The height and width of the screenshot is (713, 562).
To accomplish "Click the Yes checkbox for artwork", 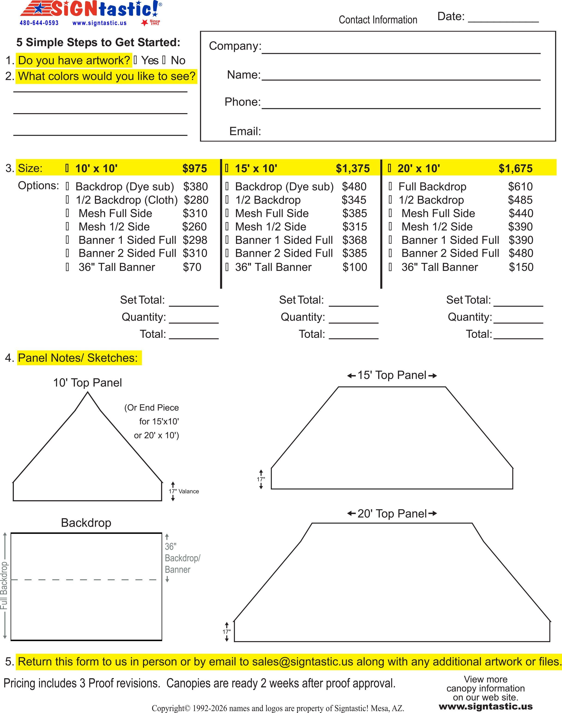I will pyautogui.click(x=136, y=60).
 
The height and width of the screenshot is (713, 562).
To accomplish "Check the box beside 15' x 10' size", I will pyautogui.click(x=227, y=168).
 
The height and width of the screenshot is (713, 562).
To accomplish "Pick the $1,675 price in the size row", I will pyautogui.click(x=515, y=169).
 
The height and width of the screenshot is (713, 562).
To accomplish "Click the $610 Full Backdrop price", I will pyautogui.click(x=520, y=187).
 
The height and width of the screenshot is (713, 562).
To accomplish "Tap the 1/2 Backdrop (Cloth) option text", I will pyautogui.click(x=127, y=200).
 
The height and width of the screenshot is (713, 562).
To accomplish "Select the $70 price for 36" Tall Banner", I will pyautogui.click(x=192, y=267).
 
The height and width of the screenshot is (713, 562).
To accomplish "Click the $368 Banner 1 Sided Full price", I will pyautogui.click(x=354, y=240).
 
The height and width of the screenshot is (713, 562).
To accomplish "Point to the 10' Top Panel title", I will pyautogui.click(x=88, y=383).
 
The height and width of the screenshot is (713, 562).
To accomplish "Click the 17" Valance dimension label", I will pyautogui.click(x=184, y=491).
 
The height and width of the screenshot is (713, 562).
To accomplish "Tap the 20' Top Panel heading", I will pyautogui.click(x=392, y=514).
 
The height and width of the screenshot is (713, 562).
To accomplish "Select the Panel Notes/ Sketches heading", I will pyautogui.click(x=78, y=358).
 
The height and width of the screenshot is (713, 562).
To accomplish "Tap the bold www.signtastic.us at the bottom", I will pyautogui.click(x=485, y=706).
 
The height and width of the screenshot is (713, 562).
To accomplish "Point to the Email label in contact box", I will pyautogui.click(x=245, y=131).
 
